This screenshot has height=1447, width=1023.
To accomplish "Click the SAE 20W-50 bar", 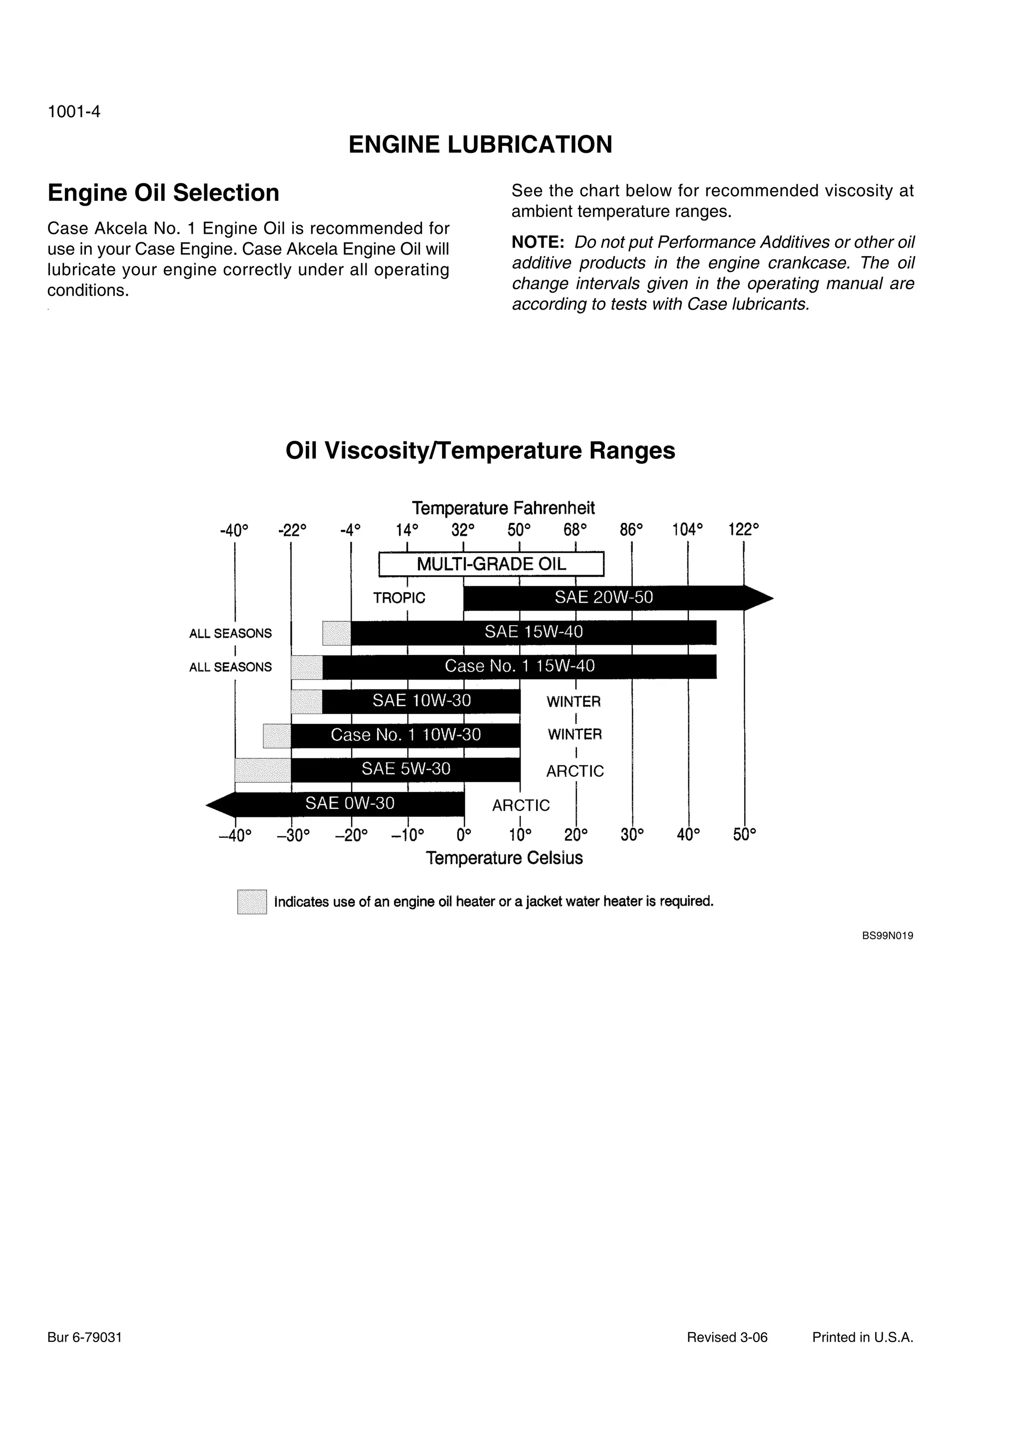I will pyautogui.click(x=604, y=598).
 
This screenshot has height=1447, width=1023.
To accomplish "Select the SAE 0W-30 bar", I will pyautogui.click(x=350, y=803).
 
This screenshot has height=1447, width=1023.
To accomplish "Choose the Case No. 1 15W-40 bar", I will pyautogui.click(x=519, y=667).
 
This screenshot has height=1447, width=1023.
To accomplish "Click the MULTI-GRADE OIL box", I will pyautogui.click(x=491, y=564).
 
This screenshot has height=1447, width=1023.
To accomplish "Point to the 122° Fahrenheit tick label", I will pyautogui.click(x=744, y=529).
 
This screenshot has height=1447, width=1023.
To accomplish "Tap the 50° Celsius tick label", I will pyautogui.click(x=744, y=835).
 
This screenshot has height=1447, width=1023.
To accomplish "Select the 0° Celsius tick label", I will pyautogui.click(x=464, y=835).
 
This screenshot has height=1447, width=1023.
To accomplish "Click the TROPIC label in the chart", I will pyautogui.click(x=399, y=598).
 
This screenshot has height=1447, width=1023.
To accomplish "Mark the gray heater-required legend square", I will pyautogui.click(x=252, y=901).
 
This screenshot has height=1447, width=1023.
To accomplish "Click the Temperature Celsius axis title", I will pyautogui.click(x=504, y=858).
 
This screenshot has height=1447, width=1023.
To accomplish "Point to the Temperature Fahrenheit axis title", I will pyautogui.click(x=503, y=508).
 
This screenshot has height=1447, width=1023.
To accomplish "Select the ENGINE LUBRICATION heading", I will pyautogui.click(x=481, y=144).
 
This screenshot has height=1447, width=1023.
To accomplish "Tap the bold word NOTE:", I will pyautogui.click(x=537, y=243).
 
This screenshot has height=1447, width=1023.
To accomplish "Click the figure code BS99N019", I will pyautogui.click(x=888, y=936).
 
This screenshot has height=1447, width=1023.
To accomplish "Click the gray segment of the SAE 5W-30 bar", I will pyautogui.click(x=263, y=770).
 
